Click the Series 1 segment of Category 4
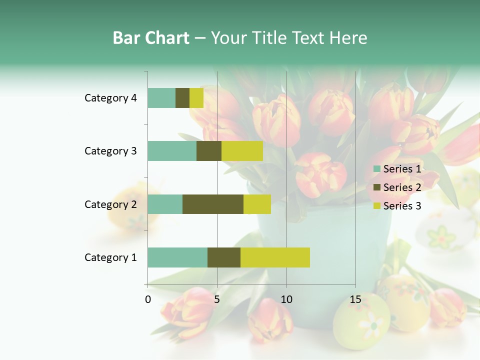(161, 98)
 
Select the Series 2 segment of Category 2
(213, 204)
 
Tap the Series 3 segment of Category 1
(275, 257)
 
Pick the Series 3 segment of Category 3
(242, 151)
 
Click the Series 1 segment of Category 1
(177, 257)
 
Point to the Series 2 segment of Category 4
(182, 98)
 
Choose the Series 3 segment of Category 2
(257, 204)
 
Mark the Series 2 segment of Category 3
(209, 151)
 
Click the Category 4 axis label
(110, 98)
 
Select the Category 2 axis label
(110, 204)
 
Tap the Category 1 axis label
(110, 257)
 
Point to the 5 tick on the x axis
(217, 299)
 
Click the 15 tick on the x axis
(355, 299)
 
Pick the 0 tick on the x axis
(148, 299)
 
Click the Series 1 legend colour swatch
(376, 169)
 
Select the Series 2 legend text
(402, 187)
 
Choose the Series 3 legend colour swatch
(376, 206)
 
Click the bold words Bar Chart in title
(151, 38)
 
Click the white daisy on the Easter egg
(372, 324)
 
